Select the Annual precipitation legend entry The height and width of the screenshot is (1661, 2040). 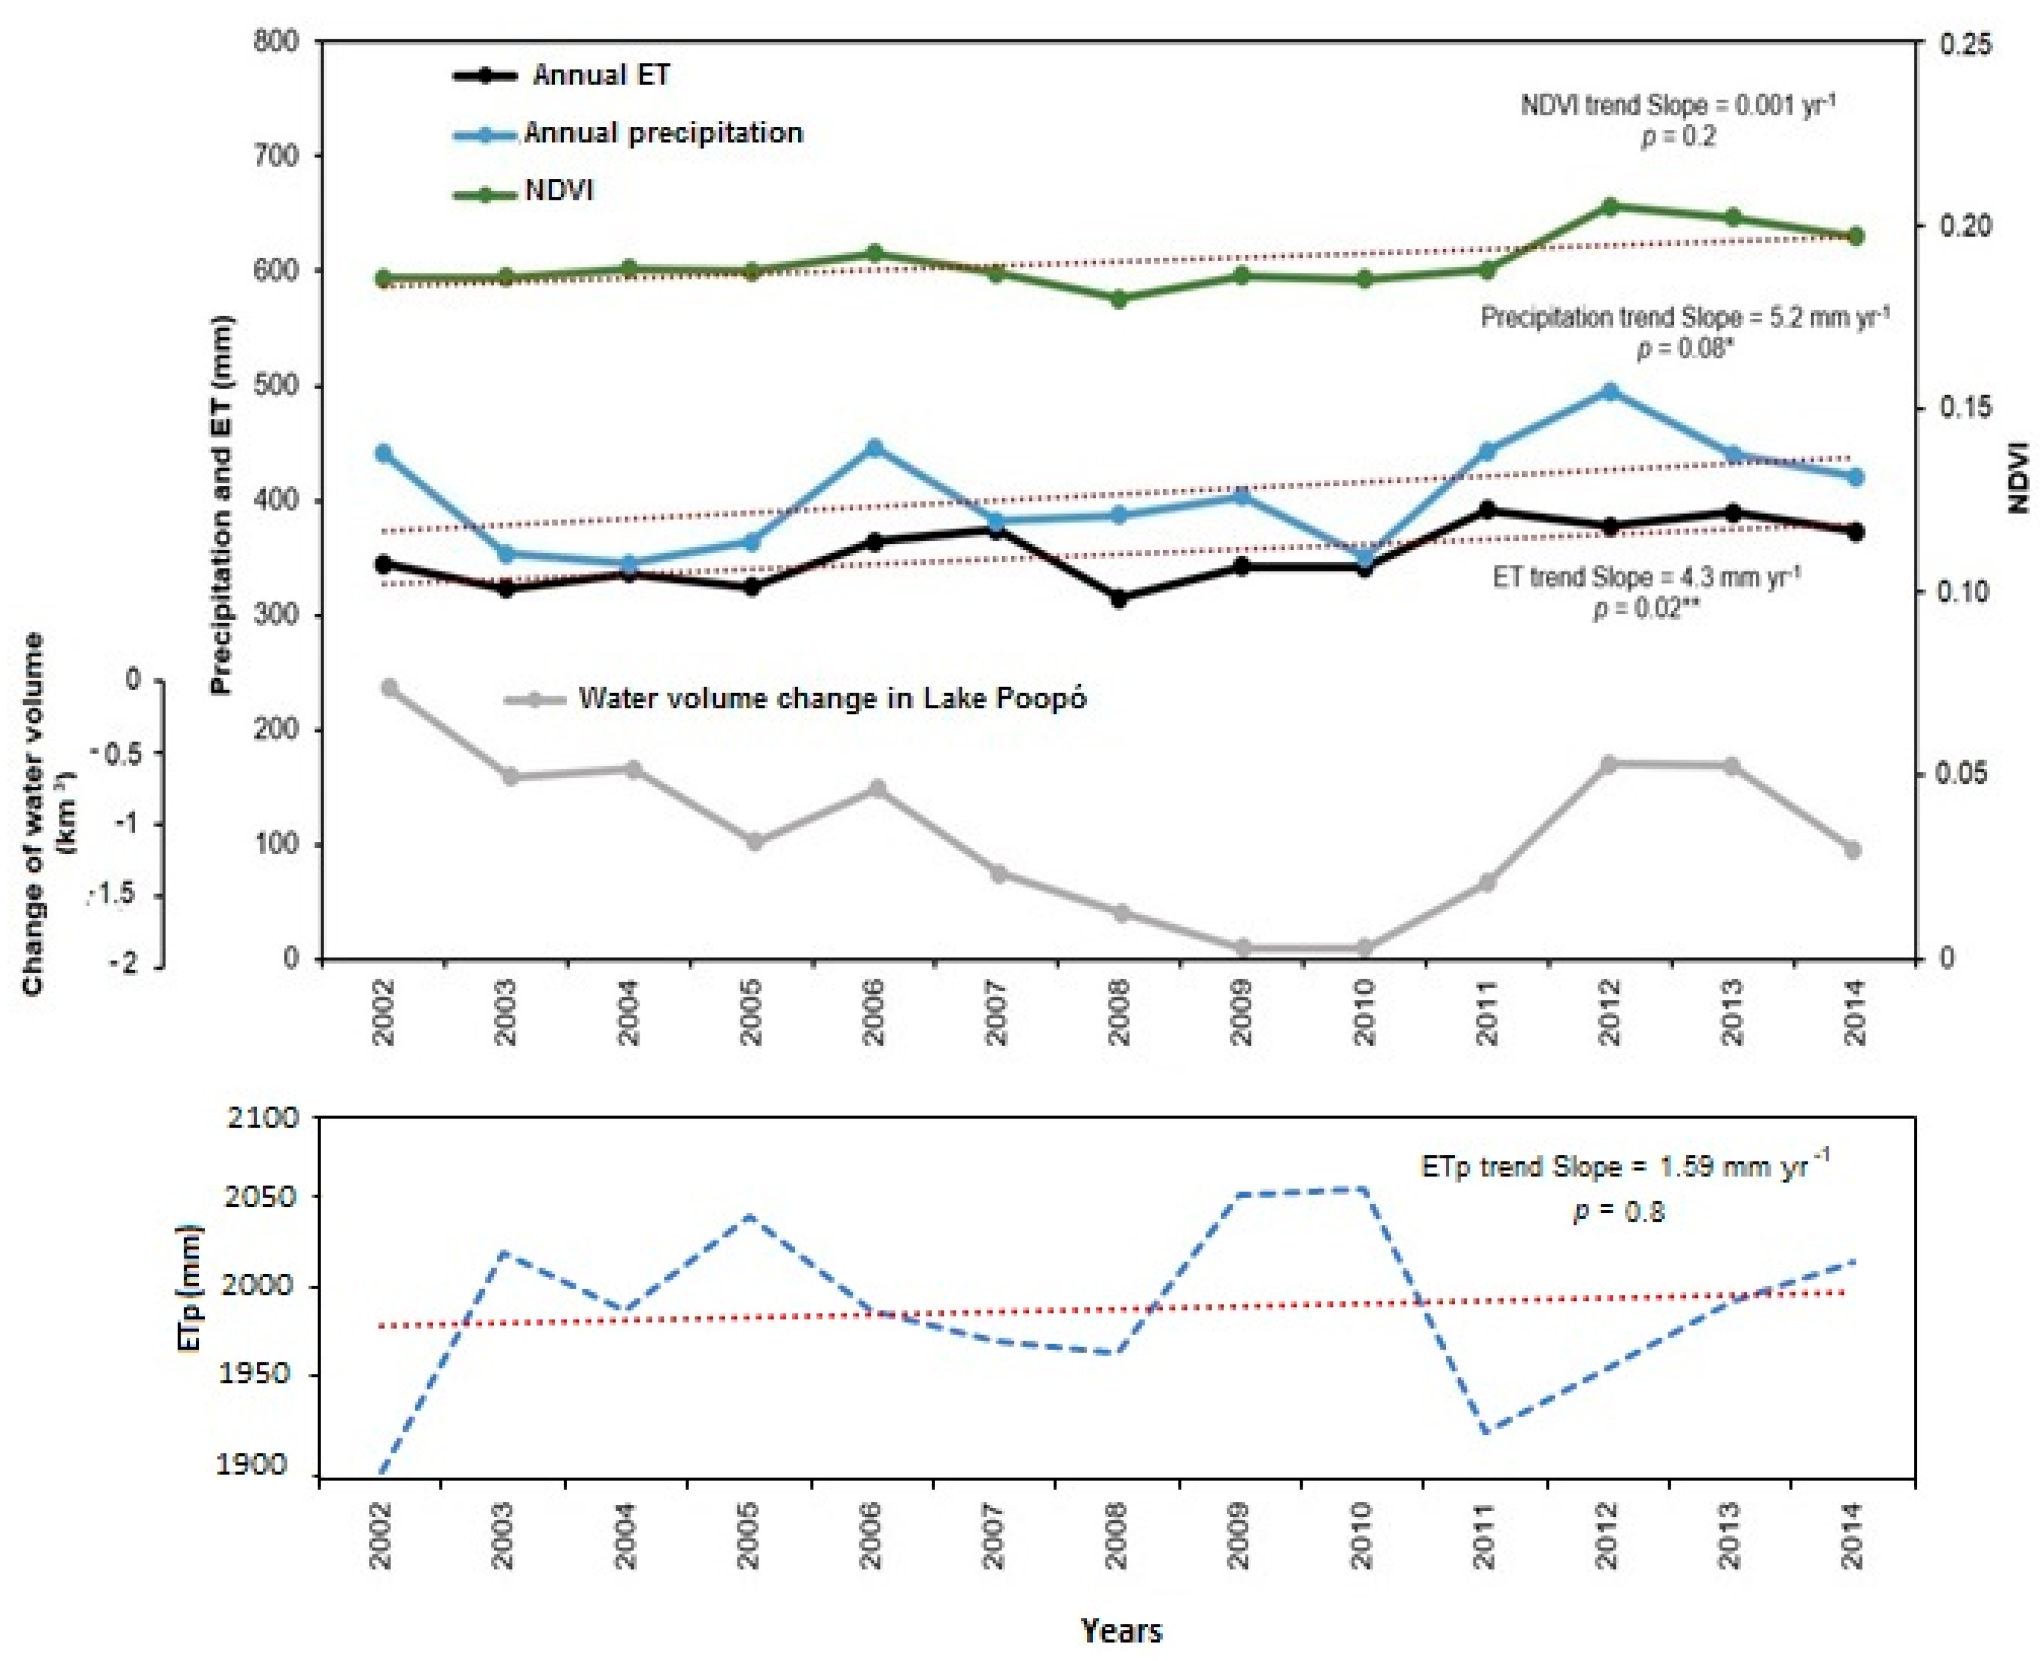(662, 133)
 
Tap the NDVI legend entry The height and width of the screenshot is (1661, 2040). (559, 191)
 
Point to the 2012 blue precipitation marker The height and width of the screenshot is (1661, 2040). (1609, 391)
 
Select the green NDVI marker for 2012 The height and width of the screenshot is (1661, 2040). (1609, 206)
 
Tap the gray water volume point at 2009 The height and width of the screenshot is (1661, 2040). (1242, 948)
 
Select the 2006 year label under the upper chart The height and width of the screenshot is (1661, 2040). (873, 1012)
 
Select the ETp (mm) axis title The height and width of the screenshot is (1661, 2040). (190, 1287)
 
